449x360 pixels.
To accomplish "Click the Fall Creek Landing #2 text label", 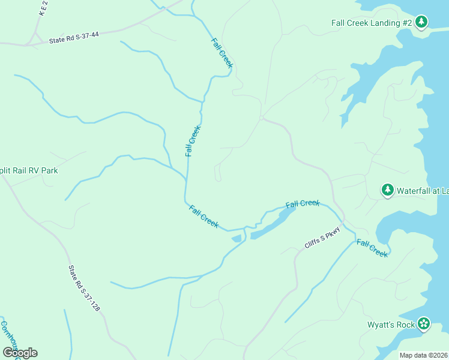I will [370, 23].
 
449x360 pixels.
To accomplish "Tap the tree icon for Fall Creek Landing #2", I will [421, 22].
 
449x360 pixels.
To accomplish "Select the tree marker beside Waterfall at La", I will [388, 190].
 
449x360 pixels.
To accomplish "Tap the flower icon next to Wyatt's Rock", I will [424, 324].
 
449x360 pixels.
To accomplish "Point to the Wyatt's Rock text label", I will [391, 325].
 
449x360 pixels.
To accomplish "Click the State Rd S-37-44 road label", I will [74, 38].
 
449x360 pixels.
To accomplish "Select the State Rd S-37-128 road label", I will [84, 288].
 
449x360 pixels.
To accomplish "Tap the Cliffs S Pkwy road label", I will [322, 238].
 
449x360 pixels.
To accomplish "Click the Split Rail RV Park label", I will [29, 170].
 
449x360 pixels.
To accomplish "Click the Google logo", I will [19, 353].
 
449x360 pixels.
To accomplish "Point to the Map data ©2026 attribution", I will [423, 355].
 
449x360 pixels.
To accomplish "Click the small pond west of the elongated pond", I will [237, 239].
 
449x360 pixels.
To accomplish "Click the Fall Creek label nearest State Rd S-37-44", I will [221, 53].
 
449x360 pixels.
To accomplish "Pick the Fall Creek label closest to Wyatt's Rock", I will [372, 248].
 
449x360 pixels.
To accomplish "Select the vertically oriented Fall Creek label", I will [192, 141].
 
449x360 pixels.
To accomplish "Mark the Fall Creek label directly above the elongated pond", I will [303, 204].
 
